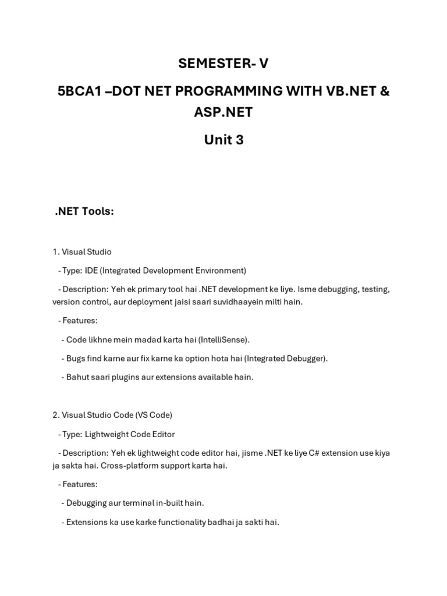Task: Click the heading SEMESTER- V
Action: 223,63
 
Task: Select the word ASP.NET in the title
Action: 223,112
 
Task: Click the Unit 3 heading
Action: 223,140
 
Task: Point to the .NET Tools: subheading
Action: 84,211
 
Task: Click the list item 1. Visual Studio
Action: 82,252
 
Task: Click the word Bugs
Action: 76,358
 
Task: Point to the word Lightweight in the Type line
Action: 108,434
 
